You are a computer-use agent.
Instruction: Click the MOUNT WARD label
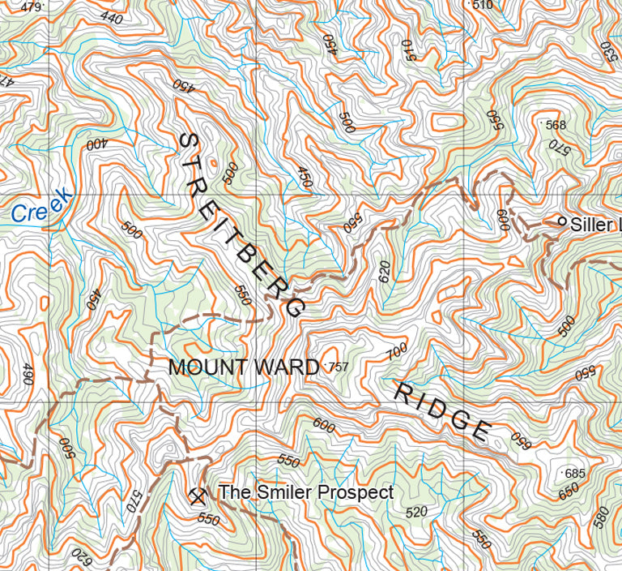[x=243, y=367]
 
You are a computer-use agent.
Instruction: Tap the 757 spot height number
[x=339, y=367]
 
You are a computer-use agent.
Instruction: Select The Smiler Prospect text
[x=306, y=492]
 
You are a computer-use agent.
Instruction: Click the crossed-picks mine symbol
[x=195, y=494]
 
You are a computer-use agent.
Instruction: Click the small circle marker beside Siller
[x=561, y=221]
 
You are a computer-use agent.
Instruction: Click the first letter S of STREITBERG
[x=188, y=142]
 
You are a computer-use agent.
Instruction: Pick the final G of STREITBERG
[x=294, y=307]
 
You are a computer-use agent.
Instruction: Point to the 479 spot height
[x=31, y=7]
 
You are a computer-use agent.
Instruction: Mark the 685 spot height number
[x=574, y=473]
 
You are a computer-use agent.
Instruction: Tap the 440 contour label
[x=112, y=18]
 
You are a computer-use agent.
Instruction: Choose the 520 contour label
[x=415, y=512]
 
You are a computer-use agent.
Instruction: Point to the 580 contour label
[x=601, y=516]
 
